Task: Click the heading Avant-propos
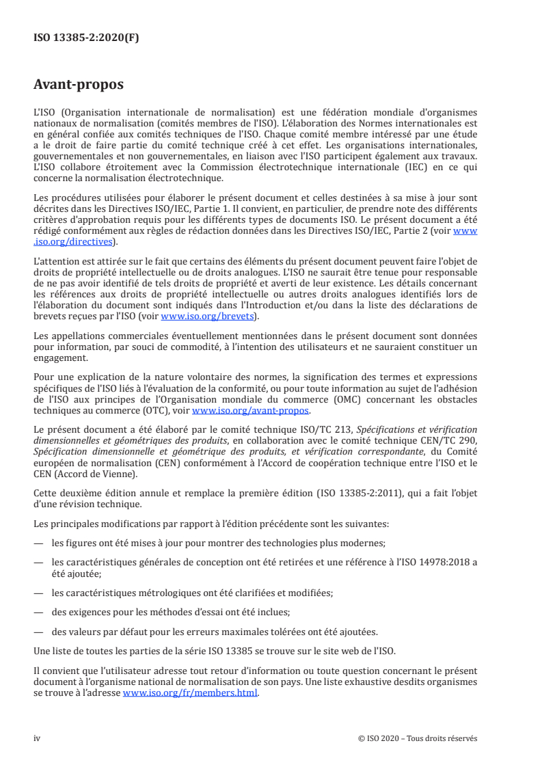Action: [x=79, y=85]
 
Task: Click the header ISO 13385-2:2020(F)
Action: [x=86, y=38]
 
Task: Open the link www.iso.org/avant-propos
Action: [x=252, y=410]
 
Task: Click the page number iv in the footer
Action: [x=37, y=738]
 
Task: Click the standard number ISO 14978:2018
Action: [x=429, y=561]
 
